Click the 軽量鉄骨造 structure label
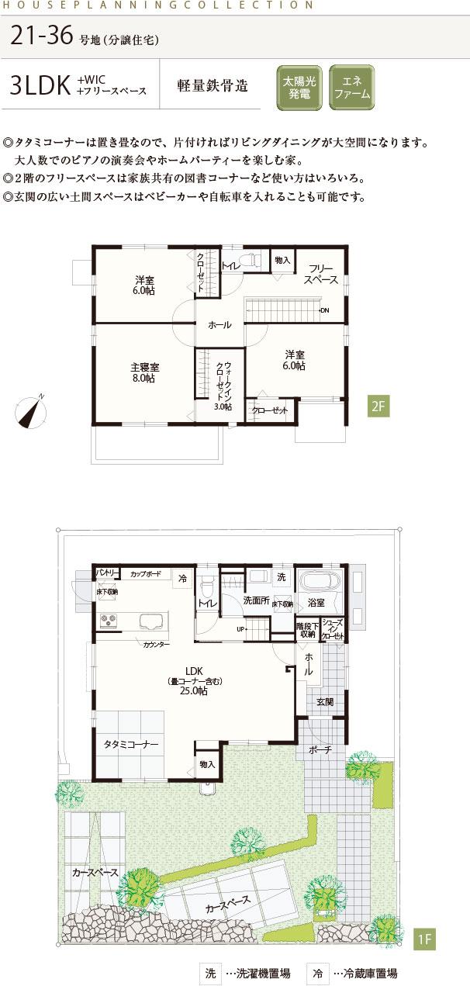(x=213, y=86)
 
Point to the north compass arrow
(x=31, y=411)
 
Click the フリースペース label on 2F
(x=320, y=274)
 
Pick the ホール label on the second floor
(x=219, y=326)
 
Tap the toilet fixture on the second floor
(x=251, y=261)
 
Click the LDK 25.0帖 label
(x=194, y=680)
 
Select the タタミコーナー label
(x=131, y=743)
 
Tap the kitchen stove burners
(x=109, y=621)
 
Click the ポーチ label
(x=319, y=750)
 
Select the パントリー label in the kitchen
(x=106, y=573)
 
